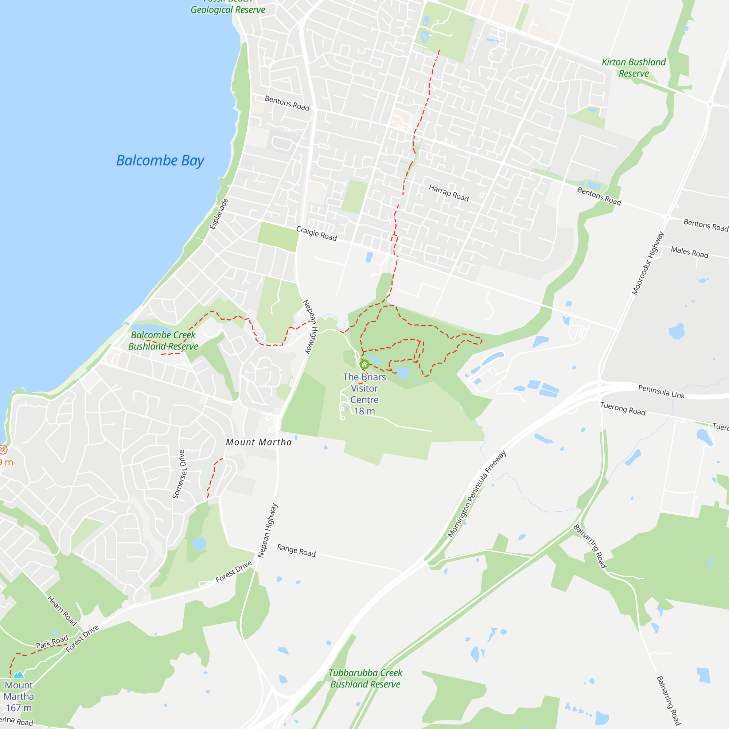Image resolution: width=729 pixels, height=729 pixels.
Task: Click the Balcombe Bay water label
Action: coord(160,161)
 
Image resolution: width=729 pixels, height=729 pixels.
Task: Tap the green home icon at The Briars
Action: coord(364,364)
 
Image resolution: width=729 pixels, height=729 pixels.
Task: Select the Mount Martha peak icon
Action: coord(19,674)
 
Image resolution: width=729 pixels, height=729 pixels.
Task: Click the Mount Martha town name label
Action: coord(259,442)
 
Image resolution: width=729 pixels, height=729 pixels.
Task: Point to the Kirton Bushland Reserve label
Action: coord(634,67)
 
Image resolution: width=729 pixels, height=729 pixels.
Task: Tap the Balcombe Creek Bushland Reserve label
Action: coord(163,341)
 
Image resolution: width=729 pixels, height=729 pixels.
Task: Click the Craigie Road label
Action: coord(316,234)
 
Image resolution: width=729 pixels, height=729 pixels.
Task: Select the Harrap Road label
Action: coord(449,193)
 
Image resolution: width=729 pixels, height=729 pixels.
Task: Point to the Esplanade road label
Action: coord(219,214)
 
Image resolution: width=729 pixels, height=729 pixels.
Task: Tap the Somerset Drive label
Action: coord(179,474)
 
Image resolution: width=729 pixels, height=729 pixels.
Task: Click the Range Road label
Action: coord(296,550)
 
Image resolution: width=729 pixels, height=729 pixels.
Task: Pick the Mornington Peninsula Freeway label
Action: coord(476,494)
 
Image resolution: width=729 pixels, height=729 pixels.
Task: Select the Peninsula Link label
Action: coord(661,392)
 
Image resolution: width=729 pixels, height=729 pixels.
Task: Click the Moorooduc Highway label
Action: coord(647,263)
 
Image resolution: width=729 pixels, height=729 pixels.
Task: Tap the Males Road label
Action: coord(689,252)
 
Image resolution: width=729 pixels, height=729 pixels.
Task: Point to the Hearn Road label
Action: coord(62,611)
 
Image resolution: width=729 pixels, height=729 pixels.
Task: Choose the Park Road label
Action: coord(52,642)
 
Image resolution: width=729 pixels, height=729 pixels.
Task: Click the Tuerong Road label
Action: coord(623,409)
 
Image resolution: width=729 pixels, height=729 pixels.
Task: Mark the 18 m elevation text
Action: coord(364,411)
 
